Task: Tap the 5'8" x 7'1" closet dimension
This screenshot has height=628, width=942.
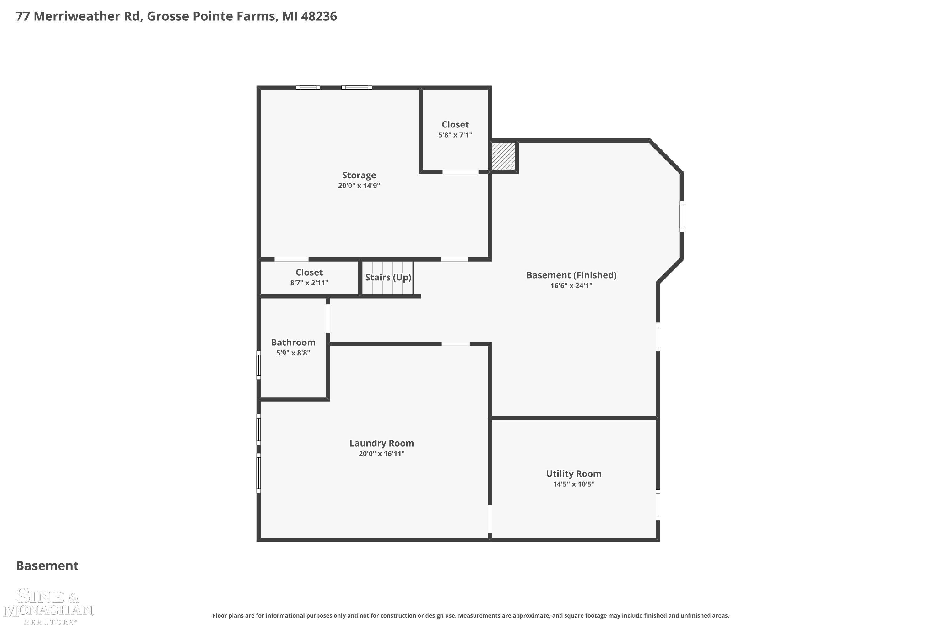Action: click(x=455, y=135)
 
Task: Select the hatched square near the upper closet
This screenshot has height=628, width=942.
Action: click(x=503, y=156)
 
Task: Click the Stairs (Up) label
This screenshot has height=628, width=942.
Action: click(x=388, y=277)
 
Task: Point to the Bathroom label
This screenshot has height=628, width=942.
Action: click(x=293, y=343)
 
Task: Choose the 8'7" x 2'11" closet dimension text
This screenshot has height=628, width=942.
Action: click(x=309, y=283)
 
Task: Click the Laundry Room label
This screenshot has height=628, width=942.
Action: click(x=382, y=443)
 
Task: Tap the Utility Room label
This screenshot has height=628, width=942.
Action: click(x=574, y=474)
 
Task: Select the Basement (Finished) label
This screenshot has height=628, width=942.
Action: click(x=571, y=275)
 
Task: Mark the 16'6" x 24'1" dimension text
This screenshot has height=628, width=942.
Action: click(x=571, y=285)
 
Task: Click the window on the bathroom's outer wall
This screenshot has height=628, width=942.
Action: click(x=259, y=365)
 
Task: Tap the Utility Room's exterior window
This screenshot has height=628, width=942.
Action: click(x=658, y=505)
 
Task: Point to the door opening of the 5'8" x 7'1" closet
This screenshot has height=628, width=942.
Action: click(x=460, y=172)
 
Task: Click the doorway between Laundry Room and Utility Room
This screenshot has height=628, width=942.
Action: click(x=490, y=519)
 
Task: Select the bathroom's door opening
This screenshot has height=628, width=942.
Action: click(x=328, y=318)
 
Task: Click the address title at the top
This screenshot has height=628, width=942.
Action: click(x=176, y=16)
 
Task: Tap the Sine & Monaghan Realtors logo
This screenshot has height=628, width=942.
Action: click(x=48, y=606)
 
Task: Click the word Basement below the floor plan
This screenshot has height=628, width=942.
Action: click(x=47, y=566)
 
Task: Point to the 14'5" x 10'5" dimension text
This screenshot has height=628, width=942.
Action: click(x=574, y=484)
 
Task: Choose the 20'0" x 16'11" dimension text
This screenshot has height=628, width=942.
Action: click(x=382, y=454)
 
